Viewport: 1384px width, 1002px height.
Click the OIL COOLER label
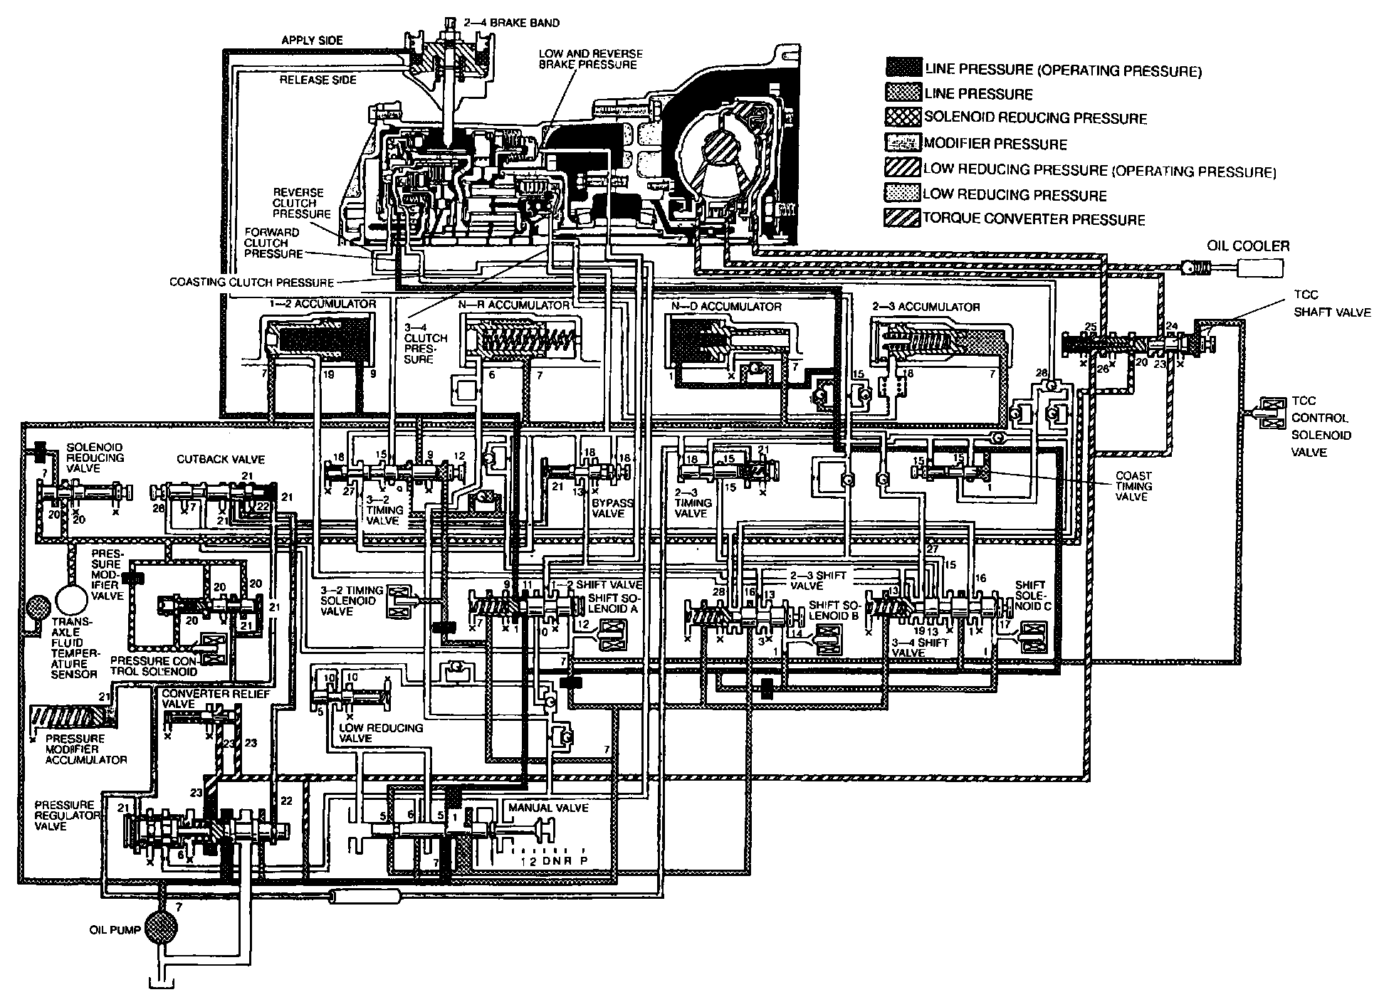[1247, 246]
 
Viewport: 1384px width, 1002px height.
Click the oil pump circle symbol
[161, 927]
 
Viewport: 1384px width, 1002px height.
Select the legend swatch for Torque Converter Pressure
[902, 218]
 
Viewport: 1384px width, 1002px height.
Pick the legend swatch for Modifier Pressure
[902, 142]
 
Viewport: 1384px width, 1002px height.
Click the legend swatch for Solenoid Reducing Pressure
[902, 117]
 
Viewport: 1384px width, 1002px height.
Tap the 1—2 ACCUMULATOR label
[322, 304]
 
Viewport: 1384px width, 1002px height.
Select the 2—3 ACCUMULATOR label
[926, 307]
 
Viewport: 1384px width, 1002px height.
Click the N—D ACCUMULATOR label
[726, 307]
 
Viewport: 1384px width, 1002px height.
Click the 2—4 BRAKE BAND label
[524, 23]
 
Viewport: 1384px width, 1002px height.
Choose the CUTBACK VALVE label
[221, 460]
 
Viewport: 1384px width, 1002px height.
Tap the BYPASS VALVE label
[612, 507]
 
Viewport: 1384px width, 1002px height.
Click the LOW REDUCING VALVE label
[381, 733]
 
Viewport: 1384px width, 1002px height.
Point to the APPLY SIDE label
[312, 41]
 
